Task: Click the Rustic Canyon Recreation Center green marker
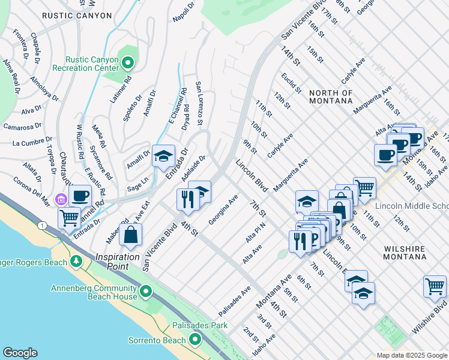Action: pos(128,62)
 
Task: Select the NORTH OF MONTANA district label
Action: pos(331,97)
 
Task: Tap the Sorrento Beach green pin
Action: pos(195,340)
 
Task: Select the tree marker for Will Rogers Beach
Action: pos(76,262)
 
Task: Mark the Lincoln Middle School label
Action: pos(412,206)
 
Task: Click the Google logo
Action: pos(20,353)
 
